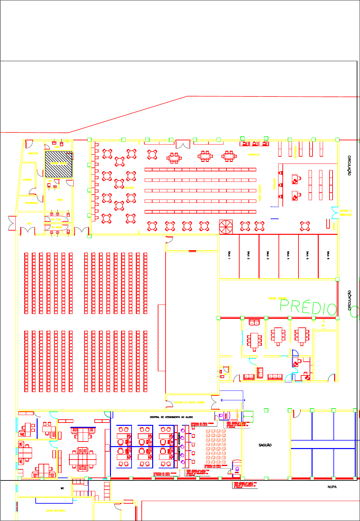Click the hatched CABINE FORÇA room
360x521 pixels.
tap(59, 164)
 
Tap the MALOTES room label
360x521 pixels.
tap(33, 153)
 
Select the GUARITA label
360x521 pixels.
tap(27, 180)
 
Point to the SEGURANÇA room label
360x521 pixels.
tap(31, 203)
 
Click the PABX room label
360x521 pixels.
tap(60, 200)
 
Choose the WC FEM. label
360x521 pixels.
tap(56, 219)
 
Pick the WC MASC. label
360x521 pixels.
tap(57, 227)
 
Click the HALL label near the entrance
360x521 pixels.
tap(29, 223)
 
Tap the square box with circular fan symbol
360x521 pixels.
tap(226, 226)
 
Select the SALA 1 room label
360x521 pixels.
tap(229, 255)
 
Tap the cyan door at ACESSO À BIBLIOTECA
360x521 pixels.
tap(334, 213)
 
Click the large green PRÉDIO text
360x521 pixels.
tap(308, 308)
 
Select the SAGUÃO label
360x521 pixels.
tap(265, 445)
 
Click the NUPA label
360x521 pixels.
tap(332, 487)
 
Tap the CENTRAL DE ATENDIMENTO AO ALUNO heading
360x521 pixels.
tap(171, 417)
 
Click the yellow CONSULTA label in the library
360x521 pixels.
tap(254, 154)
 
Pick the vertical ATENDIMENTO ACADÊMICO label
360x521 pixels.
tap(179, 447)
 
